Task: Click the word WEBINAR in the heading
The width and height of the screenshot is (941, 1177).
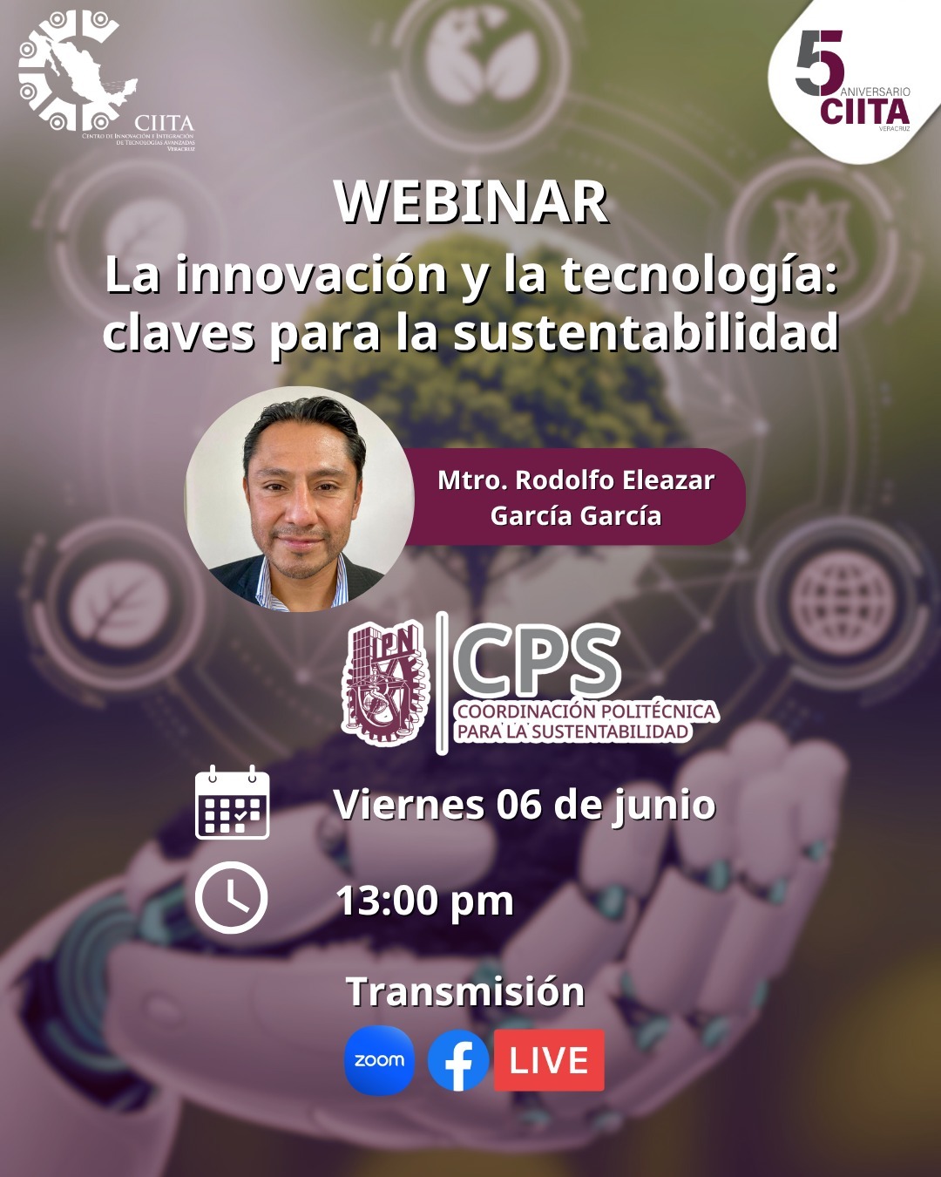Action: tap(471, 202)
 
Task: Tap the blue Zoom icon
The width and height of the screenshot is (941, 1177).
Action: tap(379, 1060)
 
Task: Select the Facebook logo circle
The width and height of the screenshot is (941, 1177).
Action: tap(458, 1060)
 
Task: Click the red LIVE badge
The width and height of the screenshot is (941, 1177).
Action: tap(549, 1060)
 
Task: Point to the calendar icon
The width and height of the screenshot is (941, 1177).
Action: tap(233, 802)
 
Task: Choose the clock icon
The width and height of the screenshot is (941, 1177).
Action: tap(232, 897)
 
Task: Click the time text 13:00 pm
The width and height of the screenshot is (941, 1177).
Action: tap(425, 901)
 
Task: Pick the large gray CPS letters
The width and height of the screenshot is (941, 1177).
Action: tap(537, 661)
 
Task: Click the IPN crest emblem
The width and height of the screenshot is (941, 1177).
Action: tap(385, 684)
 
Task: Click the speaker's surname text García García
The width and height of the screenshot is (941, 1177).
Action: tap(576, 516)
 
